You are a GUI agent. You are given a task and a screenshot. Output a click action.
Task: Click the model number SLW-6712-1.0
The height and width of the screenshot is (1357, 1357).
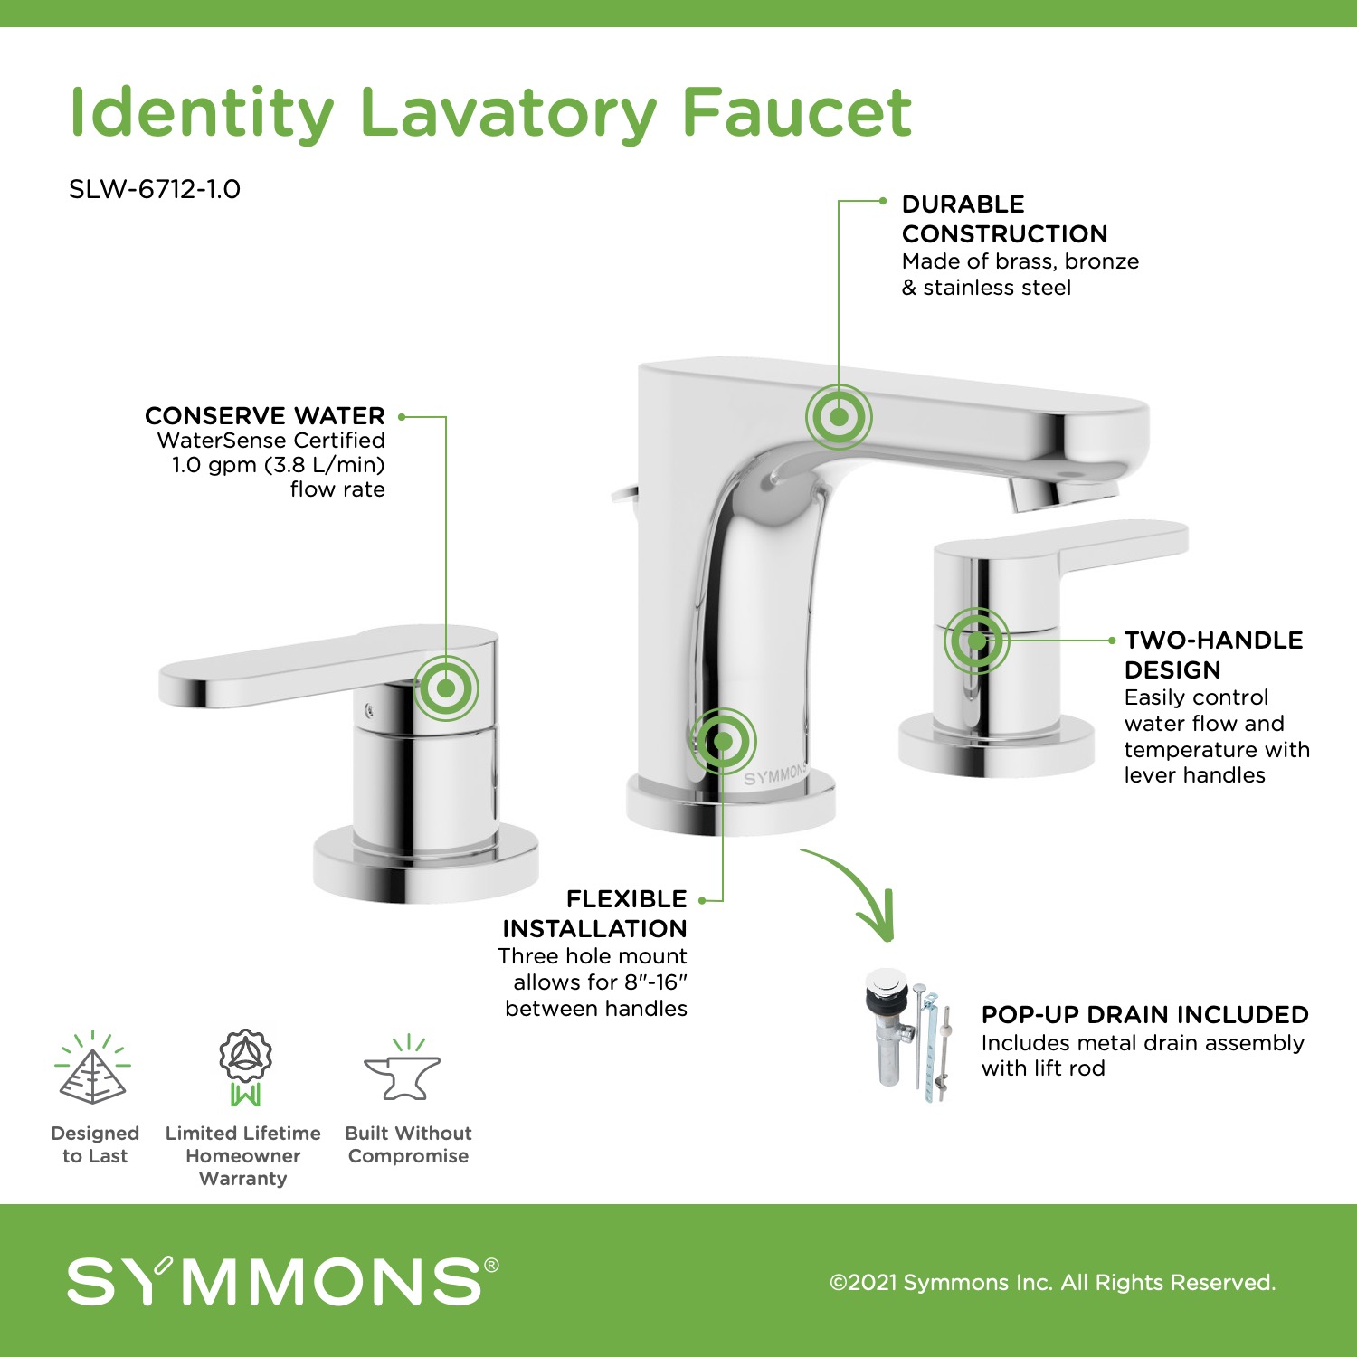coord(155,189)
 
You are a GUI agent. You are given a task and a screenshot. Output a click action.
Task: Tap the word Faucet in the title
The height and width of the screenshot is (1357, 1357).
coord(797,113)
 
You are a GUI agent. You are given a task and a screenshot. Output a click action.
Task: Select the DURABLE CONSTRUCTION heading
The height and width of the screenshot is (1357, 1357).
coord(1004,219)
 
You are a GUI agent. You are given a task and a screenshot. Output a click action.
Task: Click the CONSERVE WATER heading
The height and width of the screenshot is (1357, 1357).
coord(265,415)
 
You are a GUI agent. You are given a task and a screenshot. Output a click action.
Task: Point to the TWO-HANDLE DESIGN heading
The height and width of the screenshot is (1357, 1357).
coord(1213,655)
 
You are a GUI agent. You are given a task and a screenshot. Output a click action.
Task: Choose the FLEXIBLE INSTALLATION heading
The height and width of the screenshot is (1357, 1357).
coord(594,914)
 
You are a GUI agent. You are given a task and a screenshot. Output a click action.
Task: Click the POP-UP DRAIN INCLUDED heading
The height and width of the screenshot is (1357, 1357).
coord(1144,1014)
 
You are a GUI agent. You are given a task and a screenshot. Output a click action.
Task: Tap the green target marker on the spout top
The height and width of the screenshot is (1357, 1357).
coord(839,417)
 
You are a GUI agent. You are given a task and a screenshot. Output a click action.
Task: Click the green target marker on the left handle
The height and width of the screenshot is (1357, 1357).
coord(446,688)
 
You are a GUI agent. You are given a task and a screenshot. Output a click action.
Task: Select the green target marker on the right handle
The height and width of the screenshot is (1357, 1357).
coord(977,641)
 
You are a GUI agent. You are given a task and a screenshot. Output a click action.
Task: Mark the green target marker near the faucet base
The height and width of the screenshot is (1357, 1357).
coord(723,741)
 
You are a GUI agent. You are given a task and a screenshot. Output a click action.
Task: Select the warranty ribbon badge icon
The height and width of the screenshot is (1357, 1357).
coord(245,1067)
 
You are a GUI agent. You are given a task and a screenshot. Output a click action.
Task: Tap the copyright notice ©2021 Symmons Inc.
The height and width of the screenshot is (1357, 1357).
coord(1052,1282)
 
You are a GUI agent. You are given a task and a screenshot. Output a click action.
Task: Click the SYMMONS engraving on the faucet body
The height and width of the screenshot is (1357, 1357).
coord(775,775)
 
